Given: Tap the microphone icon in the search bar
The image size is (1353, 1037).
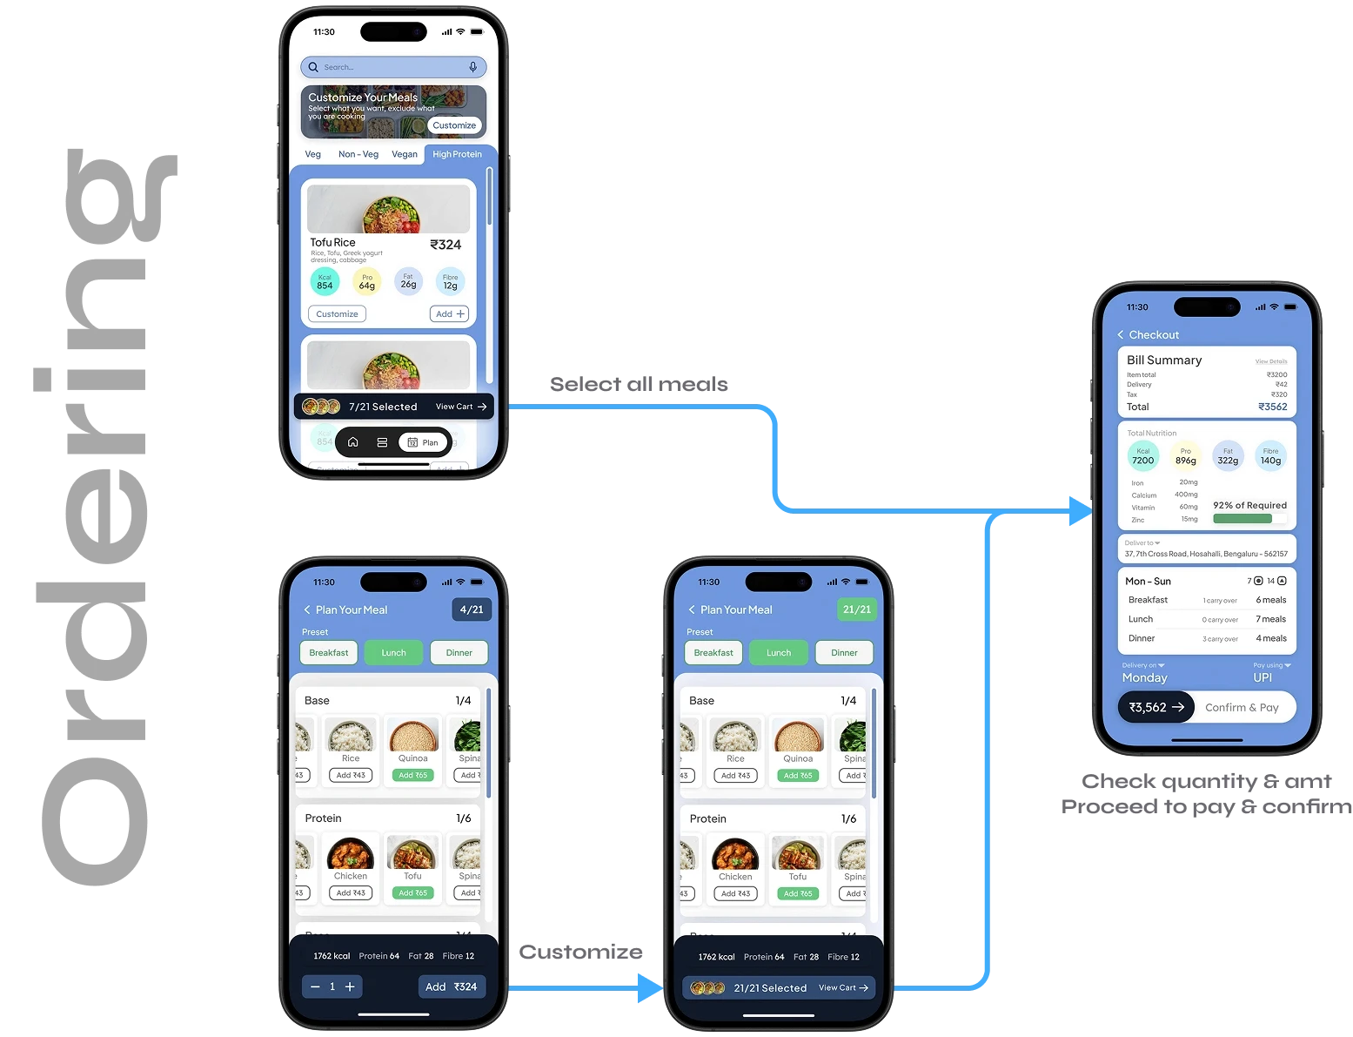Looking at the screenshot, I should [x=472, y=67].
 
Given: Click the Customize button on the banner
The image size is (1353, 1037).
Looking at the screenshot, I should [x=454, y=125].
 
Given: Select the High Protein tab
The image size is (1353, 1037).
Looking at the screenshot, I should [x=457, y=154].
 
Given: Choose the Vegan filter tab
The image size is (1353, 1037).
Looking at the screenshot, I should [x=405, y=154].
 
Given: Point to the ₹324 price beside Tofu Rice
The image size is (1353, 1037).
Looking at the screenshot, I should [x=445, y=245].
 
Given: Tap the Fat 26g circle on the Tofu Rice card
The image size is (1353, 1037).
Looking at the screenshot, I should [x=408, y=281].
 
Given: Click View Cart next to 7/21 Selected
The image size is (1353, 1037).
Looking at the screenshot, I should [x=461, y=407].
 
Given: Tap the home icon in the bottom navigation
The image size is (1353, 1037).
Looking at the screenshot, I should [x=353, y=442].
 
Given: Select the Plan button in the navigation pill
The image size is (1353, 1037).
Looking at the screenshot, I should [x=423, y=442].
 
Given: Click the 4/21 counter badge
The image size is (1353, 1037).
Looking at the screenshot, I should [x=472, y=609].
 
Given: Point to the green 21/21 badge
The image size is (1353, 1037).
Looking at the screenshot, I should [x=856, y=609].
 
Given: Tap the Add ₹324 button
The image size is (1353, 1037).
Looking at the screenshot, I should [x=452, y=986].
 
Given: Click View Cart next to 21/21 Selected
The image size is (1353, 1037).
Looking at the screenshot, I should [x=843, y=988].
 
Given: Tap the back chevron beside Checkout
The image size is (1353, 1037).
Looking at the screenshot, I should [x=1121, y=335].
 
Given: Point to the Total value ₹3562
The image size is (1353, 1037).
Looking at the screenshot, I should [x=1272, y=407].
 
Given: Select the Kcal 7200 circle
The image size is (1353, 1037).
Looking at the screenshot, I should [x=1143, y=457].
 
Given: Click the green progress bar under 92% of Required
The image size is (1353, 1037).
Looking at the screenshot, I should [x=1242, y=519].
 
